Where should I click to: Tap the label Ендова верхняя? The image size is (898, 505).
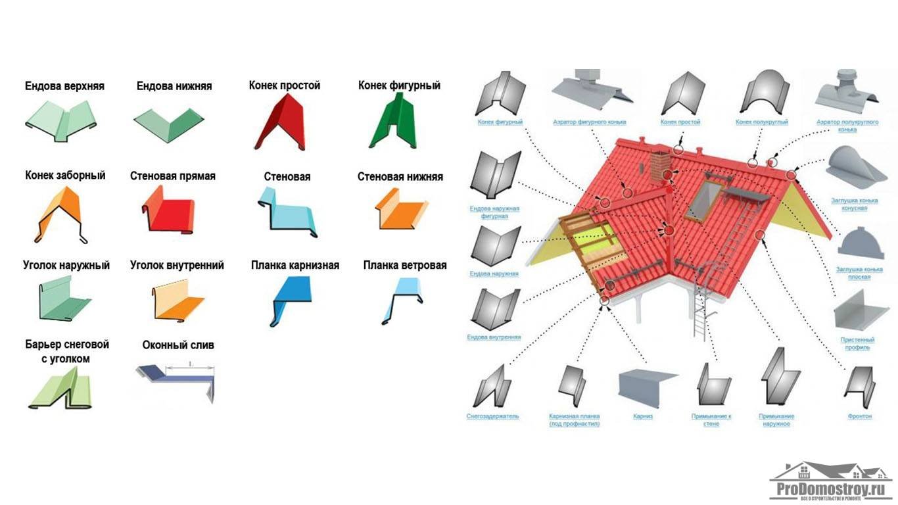64,86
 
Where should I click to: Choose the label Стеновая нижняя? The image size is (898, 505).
400,176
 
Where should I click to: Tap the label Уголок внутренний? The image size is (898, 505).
177,266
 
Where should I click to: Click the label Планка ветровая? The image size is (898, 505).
404,266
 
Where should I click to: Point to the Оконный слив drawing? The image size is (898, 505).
177,380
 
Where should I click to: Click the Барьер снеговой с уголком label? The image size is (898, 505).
66,352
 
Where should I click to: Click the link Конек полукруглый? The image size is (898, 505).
761,122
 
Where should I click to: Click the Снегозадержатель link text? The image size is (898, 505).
492,416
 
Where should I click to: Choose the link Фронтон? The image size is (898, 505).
859,416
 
